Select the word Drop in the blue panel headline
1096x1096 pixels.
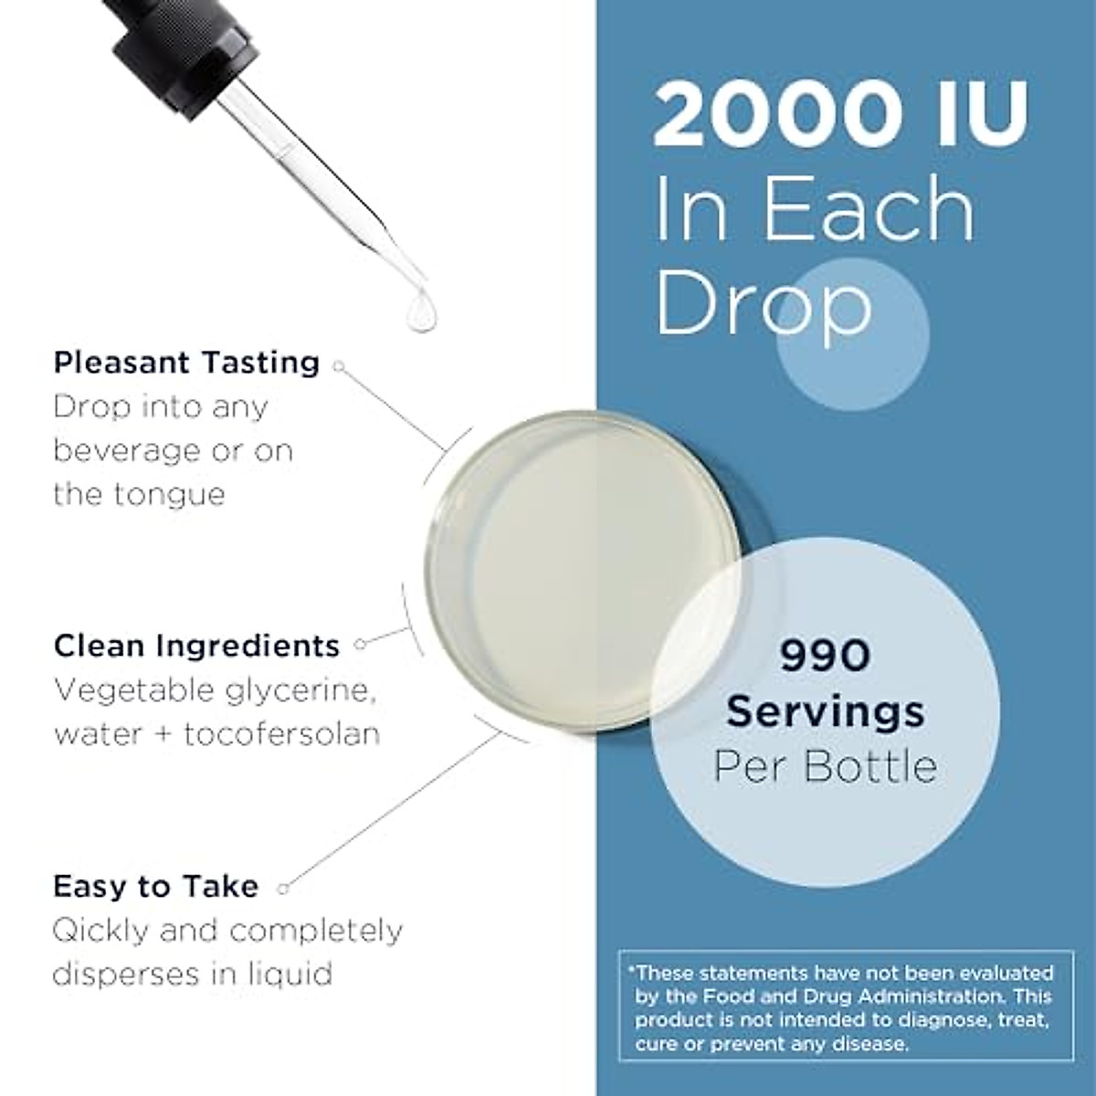pyautogui.click(x=764, y=300)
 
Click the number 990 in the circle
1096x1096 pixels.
pyautogui.click(x=825, y=656)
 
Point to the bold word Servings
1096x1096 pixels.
pyautogui.click(x=825, y=711)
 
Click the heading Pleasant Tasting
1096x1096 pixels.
pyautogui.click(x=186, y=363)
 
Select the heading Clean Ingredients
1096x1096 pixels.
pyautogui.click(x=196, y=646)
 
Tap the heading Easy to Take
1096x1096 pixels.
pyautogui.click(x=155, y=886)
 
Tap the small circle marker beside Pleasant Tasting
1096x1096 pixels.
pyautogui.click(x=339, y=366)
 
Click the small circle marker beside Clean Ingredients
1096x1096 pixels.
pyautogui.click(x=360, y=644)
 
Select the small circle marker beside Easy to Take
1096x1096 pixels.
pyautogui.click(x=283, y=887)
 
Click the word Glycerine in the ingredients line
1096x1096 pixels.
pyautogui.click(x=290, y=690)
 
